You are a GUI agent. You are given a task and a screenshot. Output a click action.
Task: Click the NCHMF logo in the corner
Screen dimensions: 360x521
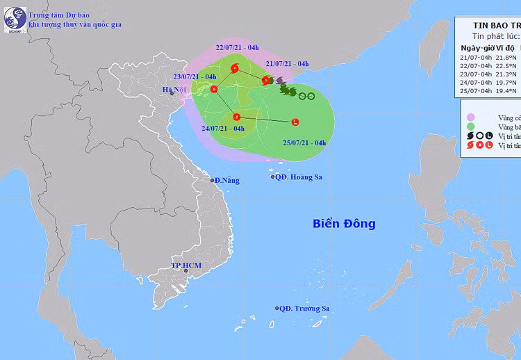click(15, 19)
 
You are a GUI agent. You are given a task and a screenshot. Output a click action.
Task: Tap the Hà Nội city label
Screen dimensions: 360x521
click(174, 90)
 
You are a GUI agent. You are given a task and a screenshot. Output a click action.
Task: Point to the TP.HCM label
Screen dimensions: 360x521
click(185, 266)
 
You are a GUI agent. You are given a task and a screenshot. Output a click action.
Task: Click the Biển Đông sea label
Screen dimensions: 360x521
click(344, 224)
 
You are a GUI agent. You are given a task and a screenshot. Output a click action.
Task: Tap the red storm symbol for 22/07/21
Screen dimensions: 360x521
click(234, 68)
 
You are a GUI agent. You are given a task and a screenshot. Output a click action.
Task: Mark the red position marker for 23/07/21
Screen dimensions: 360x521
click(214, 89)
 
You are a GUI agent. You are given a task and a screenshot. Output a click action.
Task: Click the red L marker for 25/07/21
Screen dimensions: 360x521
click(295, 123)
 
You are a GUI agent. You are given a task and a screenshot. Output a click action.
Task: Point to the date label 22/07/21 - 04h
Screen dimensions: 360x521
click(237, 47)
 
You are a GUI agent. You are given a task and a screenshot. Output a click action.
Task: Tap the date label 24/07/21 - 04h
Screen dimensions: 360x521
click(223, 129)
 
